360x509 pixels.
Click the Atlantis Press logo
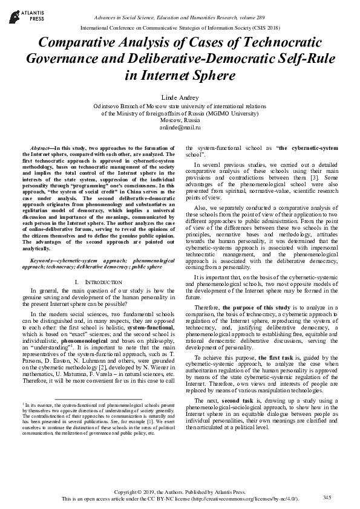pyautogui.click(x=19, y=13)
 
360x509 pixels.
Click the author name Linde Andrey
pyautogui.click(x=180, y=97)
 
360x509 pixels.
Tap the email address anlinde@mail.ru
pyautogui.click(x=180, y=128)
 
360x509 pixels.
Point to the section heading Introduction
pyautogui.click(x=95, y=282)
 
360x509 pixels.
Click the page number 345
pyautogui.click(x=327, y=497)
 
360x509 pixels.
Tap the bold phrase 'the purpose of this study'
pyautogui.click(x=257, y=308)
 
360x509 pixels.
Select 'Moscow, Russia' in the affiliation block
pyautogui.click(x=180, y=120)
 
